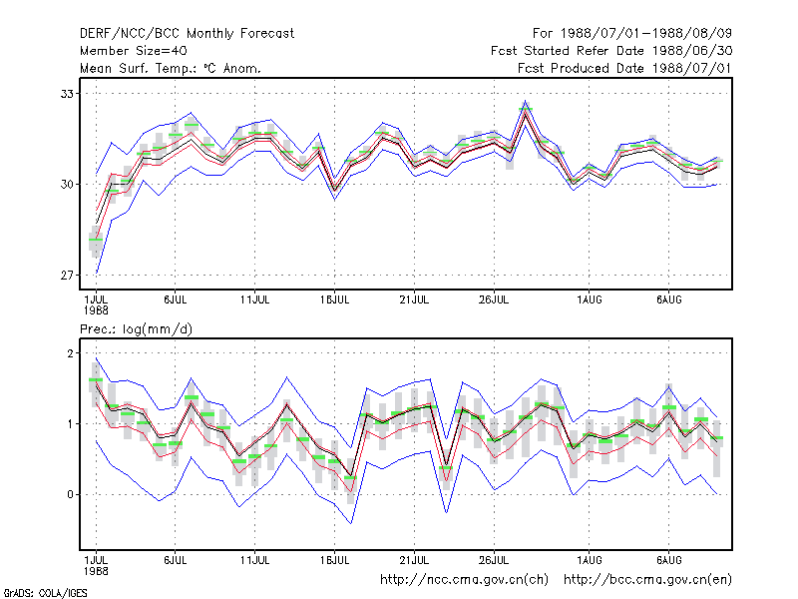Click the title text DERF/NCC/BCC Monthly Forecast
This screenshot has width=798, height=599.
coord(187,34)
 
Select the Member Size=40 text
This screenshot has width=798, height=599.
coord(134,51)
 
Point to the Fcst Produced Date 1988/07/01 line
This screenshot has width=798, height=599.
coord(624,68)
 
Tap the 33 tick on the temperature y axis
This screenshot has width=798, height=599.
coord(67,94)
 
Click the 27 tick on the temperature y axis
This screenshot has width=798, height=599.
coord(67,276)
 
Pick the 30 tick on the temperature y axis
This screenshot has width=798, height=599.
coord(67,185)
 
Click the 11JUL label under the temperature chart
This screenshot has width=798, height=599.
coord(254,300)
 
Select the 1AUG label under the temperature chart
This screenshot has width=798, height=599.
coord(589,300)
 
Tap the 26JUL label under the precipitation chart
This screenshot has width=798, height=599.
coord(494,560)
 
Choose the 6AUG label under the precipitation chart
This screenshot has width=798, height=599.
coord(668,560)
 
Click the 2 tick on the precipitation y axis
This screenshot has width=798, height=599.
coord(70,353)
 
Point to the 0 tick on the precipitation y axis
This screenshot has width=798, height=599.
coord(70,494)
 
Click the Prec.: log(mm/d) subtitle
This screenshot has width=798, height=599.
coord(136,329)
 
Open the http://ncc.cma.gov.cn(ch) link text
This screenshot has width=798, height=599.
coord(464,580)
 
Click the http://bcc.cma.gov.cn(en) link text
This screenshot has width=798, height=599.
coord(647,580)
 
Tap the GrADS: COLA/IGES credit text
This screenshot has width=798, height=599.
coord(45,593)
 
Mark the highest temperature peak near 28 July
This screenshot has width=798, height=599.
coord(526,101)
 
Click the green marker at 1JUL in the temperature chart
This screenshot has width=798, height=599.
coord(96,240)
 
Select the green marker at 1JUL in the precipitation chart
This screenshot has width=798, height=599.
coord(96,379)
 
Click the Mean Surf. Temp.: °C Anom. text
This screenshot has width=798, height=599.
coord(171,68)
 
